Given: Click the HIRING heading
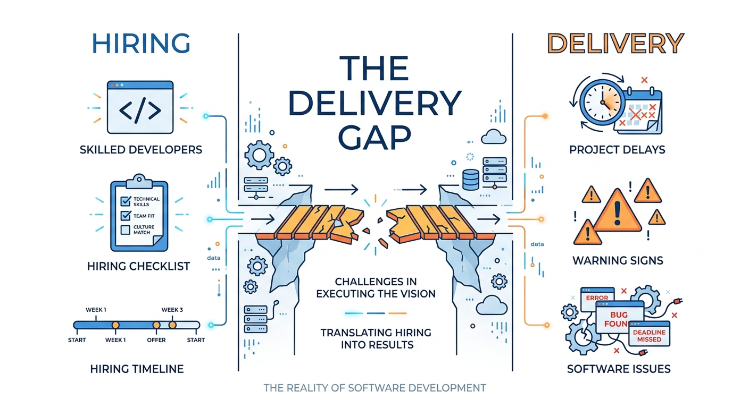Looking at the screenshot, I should click(x=141, y=43).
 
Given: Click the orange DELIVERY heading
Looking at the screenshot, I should click(x=615, y=43).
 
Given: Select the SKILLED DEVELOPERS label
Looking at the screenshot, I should click(x=141, y=149).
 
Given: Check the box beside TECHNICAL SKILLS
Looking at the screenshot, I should click(x=126, y=201).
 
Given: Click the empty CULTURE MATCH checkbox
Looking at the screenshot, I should click(x=126, y=229).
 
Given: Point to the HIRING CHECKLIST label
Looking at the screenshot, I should click(x=138, y=266).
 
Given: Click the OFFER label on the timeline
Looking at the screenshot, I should click(x=156, y=339).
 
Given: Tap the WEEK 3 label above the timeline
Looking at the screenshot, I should click(x=172, y=310).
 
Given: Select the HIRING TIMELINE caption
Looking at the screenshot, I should click(x=137, y=368).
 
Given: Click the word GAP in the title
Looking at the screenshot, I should click(x=374, y=139).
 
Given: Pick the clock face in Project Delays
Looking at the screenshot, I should click(x=602, y=101).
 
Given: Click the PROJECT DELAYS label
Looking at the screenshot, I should click(x=617, y=149).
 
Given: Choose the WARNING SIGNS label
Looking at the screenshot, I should click(x=618, y=260).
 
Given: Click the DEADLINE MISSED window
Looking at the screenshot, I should click(x=650, y=336).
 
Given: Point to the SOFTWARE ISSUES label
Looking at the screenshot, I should click(x=618, y=368).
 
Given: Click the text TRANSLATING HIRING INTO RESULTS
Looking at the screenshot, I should click(x=375, y=338).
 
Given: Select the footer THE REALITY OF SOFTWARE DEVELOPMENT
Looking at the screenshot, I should click(x=374, y=388).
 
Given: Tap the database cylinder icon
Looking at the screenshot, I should click(x=471, y=180).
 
